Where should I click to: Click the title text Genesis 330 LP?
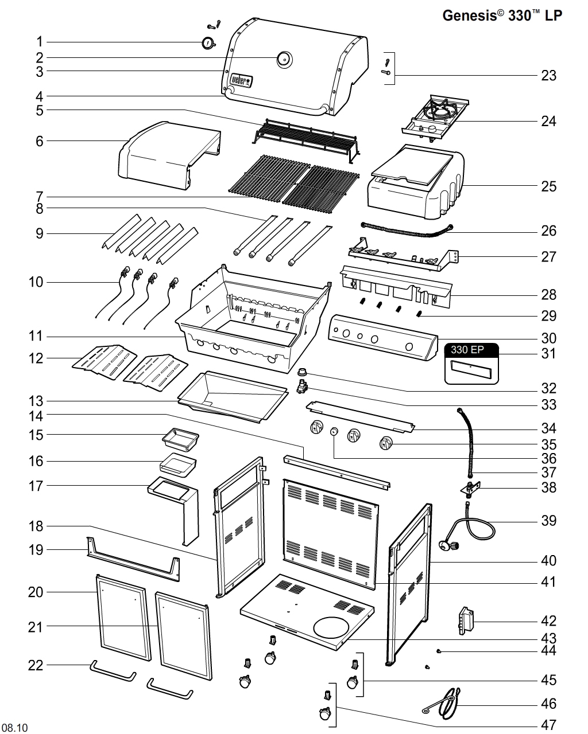click(x=502, y=16)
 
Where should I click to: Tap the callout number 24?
click(x=548, y=121)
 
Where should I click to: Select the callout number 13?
click(x=36, y=401)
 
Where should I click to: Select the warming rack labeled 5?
click(x=307, y=138)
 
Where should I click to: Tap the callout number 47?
click(x=548, y=725)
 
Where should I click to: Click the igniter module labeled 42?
click(x=466, y=622)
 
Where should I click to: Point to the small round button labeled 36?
click(x=334, y=433)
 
